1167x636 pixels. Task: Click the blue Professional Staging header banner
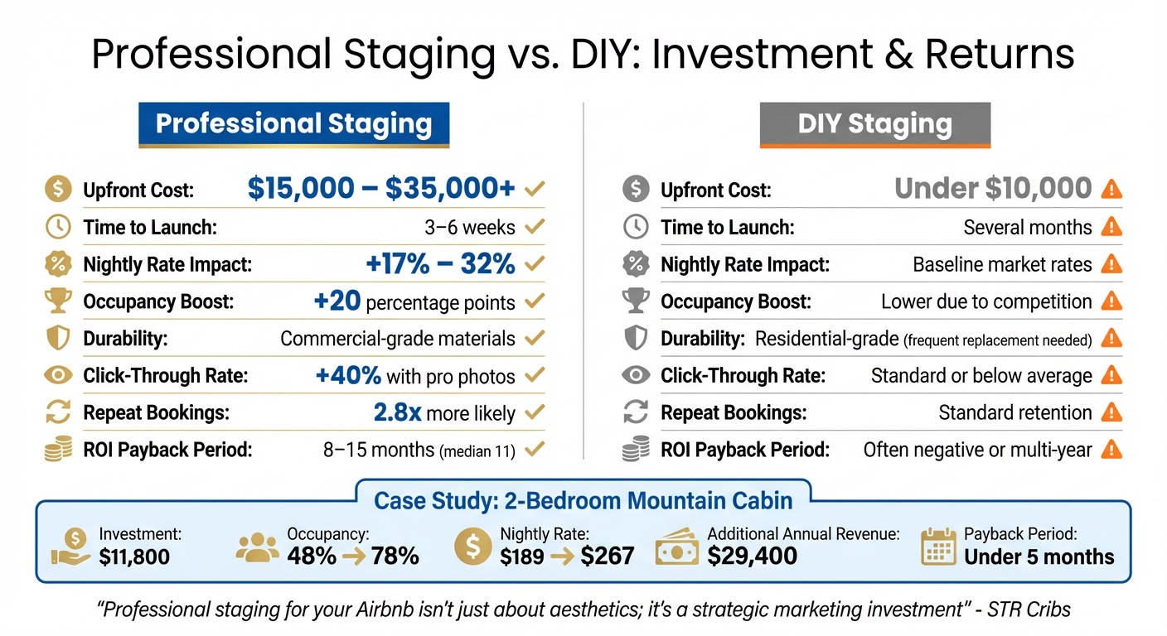[x=293, y=125]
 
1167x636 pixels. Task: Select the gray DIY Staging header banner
[x=874, y=125]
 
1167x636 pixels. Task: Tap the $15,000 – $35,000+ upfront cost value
[x=381, y=189]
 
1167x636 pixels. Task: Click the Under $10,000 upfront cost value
[x=993, y=189]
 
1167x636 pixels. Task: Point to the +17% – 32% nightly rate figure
[x=440, y=264]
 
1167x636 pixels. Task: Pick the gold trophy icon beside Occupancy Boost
[x=57, y=301]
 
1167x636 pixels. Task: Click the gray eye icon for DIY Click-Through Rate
[x=635, y=375]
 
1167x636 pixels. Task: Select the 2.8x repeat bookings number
[x=397, y=412]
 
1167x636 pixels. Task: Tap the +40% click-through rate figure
[x=348, y=375]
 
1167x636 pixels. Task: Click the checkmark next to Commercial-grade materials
[x=535, y=338]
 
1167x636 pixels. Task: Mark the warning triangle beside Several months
[x=1111, y=227]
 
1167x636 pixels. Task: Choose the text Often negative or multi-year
[x=977, y=450]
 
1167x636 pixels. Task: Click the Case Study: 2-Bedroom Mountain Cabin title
[x=583, y=500]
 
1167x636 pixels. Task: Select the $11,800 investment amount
[x=133, y=556]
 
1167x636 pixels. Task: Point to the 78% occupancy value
[x=395, y=556]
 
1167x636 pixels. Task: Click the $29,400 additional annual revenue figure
[x=752, y=556]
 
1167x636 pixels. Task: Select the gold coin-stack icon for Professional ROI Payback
[x=57, y=450]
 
